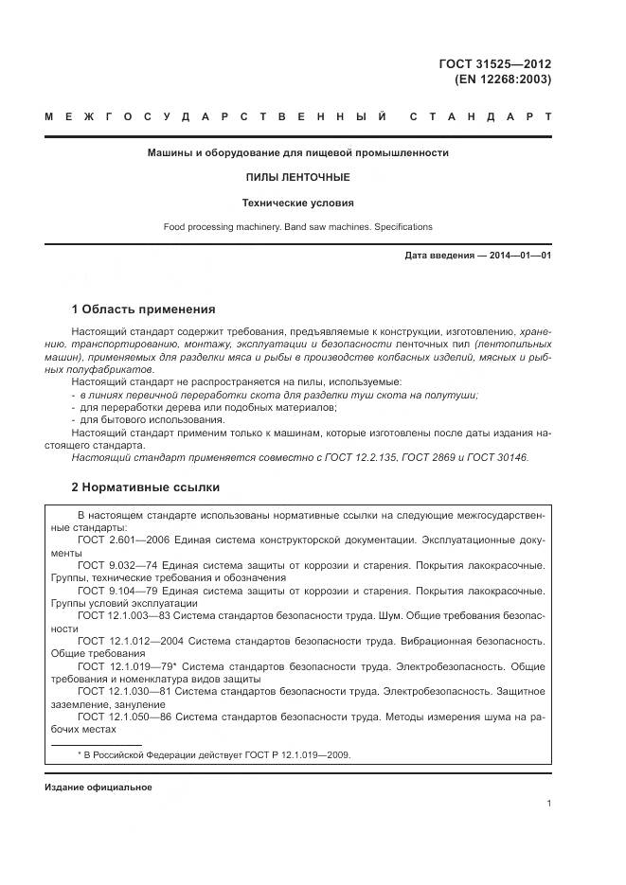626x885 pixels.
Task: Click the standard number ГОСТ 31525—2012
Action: click(x=508, y=64)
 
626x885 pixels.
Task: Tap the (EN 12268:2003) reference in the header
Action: click(x=509, y=80)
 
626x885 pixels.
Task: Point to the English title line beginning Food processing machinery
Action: click(x=298, y=227)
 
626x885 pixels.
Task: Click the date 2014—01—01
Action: click(x=518, y=256)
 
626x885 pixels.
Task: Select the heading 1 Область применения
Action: click(x=144, y=310)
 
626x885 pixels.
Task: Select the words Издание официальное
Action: click(x=98, y=788)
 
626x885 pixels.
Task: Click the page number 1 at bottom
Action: click(x=548, y=804)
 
